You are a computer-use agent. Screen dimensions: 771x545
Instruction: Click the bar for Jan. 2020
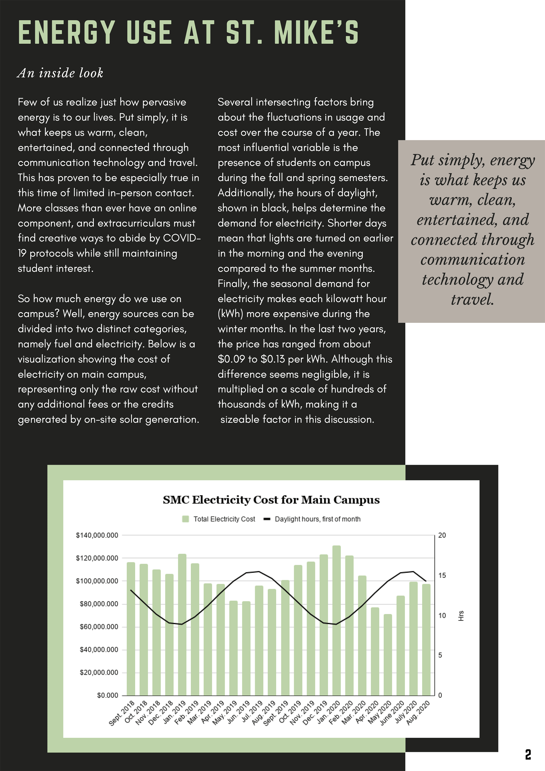point(337,621)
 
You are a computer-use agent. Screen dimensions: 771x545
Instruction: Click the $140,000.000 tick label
point(97,535)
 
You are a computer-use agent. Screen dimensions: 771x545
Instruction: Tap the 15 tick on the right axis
point(442,576)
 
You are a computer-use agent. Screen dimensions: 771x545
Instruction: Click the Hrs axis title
point(461,616)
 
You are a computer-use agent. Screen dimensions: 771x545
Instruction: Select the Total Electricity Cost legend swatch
point(185,519)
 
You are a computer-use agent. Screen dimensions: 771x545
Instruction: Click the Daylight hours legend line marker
point(267,519)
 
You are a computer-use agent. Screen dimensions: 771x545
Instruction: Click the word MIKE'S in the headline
point(316,33)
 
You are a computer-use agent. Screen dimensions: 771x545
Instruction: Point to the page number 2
point(528,755)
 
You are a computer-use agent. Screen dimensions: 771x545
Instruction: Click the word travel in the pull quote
point(472,299)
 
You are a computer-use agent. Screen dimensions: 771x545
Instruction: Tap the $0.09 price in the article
point(231,359)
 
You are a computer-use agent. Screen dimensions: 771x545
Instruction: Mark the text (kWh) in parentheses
point(230,314)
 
